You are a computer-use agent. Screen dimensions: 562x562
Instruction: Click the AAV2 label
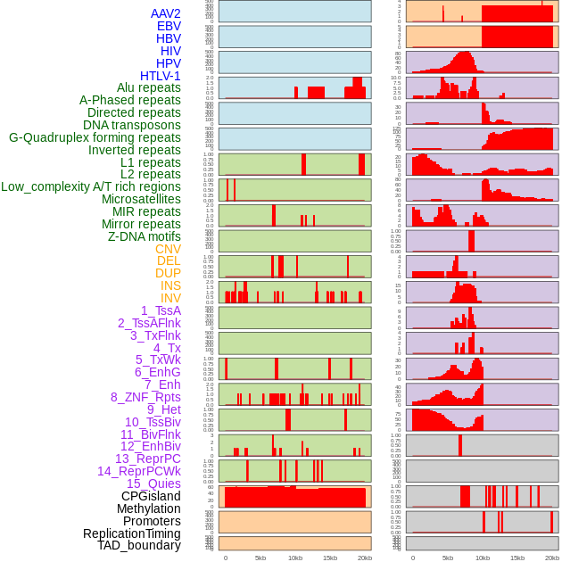tap(166, 13)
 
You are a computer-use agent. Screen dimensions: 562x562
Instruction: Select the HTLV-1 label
tap(161, 76)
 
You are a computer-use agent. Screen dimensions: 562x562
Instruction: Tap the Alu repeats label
tap(149, 87)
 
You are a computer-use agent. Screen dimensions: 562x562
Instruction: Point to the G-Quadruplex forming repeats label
tap(95, 137)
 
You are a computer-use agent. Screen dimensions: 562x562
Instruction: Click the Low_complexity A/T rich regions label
tap(91, 186)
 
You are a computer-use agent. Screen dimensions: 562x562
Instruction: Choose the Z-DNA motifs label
tap(145, 236)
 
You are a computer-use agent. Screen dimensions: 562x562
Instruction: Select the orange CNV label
tap(168, 249)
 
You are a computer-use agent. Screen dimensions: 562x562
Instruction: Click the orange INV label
tap(170, 298)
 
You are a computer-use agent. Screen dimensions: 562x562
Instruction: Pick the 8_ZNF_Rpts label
tap(145, 397)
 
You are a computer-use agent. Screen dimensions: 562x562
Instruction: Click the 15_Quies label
tap(153, 483)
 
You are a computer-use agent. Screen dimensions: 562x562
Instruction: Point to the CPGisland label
tap(151, 496)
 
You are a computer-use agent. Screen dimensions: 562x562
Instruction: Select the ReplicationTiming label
tap(132, 533)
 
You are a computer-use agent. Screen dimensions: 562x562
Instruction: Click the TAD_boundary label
tap(139, 545)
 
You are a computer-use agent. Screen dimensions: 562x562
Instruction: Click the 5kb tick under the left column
tap(260, 558)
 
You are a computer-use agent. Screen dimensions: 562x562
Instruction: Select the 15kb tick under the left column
tap(330, 558)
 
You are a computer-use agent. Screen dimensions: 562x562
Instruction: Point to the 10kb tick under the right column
tap(483, 558)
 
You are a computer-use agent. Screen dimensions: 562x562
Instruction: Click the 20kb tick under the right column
tap(552, 558)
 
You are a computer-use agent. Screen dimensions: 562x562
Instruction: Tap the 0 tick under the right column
tap(413, 558)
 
